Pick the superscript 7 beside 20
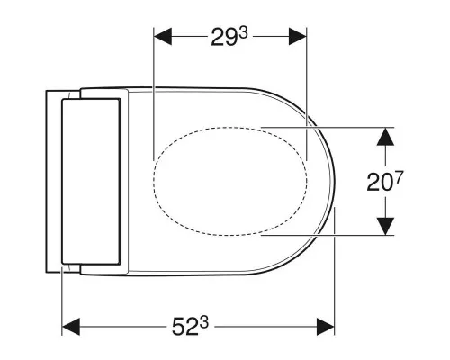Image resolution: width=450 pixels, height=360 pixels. coord(400,177)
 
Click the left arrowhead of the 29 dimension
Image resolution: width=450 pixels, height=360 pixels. coord(163,36)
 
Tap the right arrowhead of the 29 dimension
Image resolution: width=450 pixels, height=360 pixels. coord(298,36)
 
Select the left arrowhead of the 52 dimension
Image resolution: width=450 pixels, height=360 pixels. coord(71,327)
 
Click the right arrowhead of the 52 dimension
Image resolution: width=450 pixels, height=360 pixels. coord(326,327)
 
